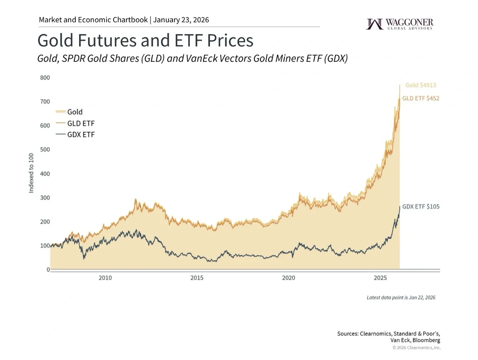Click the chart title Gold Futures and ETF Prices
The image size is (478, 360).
coord(145,41)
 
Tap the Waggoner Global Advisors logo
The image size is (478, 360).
coord(399,24)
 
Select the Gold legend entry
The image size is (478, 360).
coord(75,112)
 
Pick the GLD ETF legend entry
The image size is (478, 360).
coord(81,123)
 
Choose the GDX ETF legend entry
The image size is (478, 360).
coord(81,135)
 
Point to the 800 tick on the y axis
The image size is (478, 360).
coord(45,78)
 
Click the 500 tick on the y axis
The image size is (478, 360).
coord(45,150)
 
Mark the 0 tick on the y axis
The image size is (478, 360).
coord(48,269)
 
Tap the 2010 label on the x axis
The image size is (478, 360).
coord(105,278)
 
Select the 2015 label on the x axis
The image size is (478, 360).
coord(197,278)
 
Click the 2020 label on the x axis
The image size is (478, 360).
coord(288,278)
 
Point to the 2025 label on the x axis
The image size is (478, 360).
coord(380,278)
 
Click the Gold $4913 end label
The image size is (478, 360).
coord(421,85)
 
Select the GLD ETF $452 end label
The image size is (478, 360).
coord(421,98)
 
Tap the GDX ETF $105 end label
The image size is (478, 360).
coord(421,206)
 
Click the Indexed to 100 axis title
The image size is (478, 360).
coord(31,173)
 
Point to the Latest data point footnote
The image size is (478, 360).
coord(401,298)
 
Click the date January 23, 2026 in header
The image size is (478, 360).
coord(181,20)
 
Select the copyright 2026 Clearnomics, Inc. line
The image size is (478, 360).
coord(416,348)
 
